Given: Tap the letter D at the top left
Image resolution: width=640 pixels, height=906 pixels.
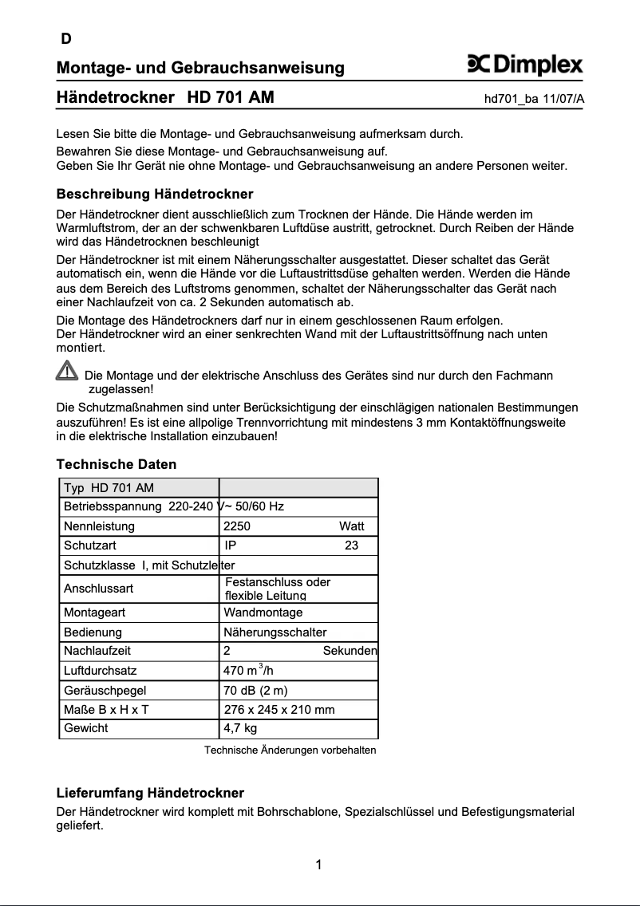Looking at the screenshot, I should coord(66,39).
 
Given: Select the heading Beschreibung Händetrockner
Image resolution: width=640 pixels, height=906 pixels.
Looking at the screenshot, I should coord(155,194).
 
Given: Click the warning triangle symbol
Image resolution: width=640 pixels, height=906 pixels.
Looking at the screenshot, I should coord(67,371).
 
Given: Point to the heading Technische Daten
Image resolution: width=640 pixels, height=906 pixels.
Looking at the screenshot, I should coord(117,464).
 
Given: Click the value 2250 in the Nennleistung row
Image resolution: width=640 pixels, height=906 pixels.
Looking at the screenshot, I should coord(237,526).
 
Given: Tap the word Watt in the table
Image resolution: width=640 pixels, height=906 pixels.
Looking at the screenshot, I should coord(351,526).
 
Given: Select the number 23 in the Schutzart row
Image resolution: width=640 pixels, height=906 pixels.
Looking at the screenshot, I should coord(351,546).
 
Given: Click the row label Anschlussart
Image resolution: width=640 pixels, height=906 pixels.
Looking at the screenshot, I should coord(99,589).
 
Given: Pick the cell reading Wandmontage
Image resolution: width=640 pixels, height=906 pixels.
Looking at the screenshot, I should coord(263,613).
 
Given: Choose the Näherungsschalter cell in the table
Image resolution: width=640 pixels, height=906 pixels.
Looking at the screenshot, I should coord(275,632).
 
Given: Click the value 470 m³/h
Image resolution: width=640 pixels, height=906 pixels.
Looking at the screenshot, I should coord(248,671).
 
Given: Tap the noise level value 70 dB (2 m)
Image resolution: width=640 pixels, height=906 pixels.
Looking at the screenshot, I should coord(255,690).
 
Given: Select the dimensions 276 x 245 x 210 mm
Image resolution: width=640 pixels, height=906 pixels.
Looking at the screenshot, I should coord(279,709).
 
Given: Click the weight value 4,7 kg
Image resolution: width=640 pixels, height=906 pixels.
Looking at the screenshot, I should coord(240,728).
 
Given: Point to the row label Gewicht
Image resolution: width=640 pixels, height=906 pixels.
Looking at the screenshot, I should coord(86,728).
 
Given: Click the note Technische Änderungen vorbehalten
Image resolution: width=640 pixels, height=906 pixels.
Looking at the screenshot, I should coord(290,750).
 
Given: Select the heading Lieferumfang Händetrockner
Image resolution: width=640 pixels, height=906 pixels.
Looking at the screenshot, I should coord(150,793).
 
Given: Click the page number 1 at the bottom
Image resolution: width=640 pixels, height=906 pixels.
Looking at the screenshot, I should coord(318,865).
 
